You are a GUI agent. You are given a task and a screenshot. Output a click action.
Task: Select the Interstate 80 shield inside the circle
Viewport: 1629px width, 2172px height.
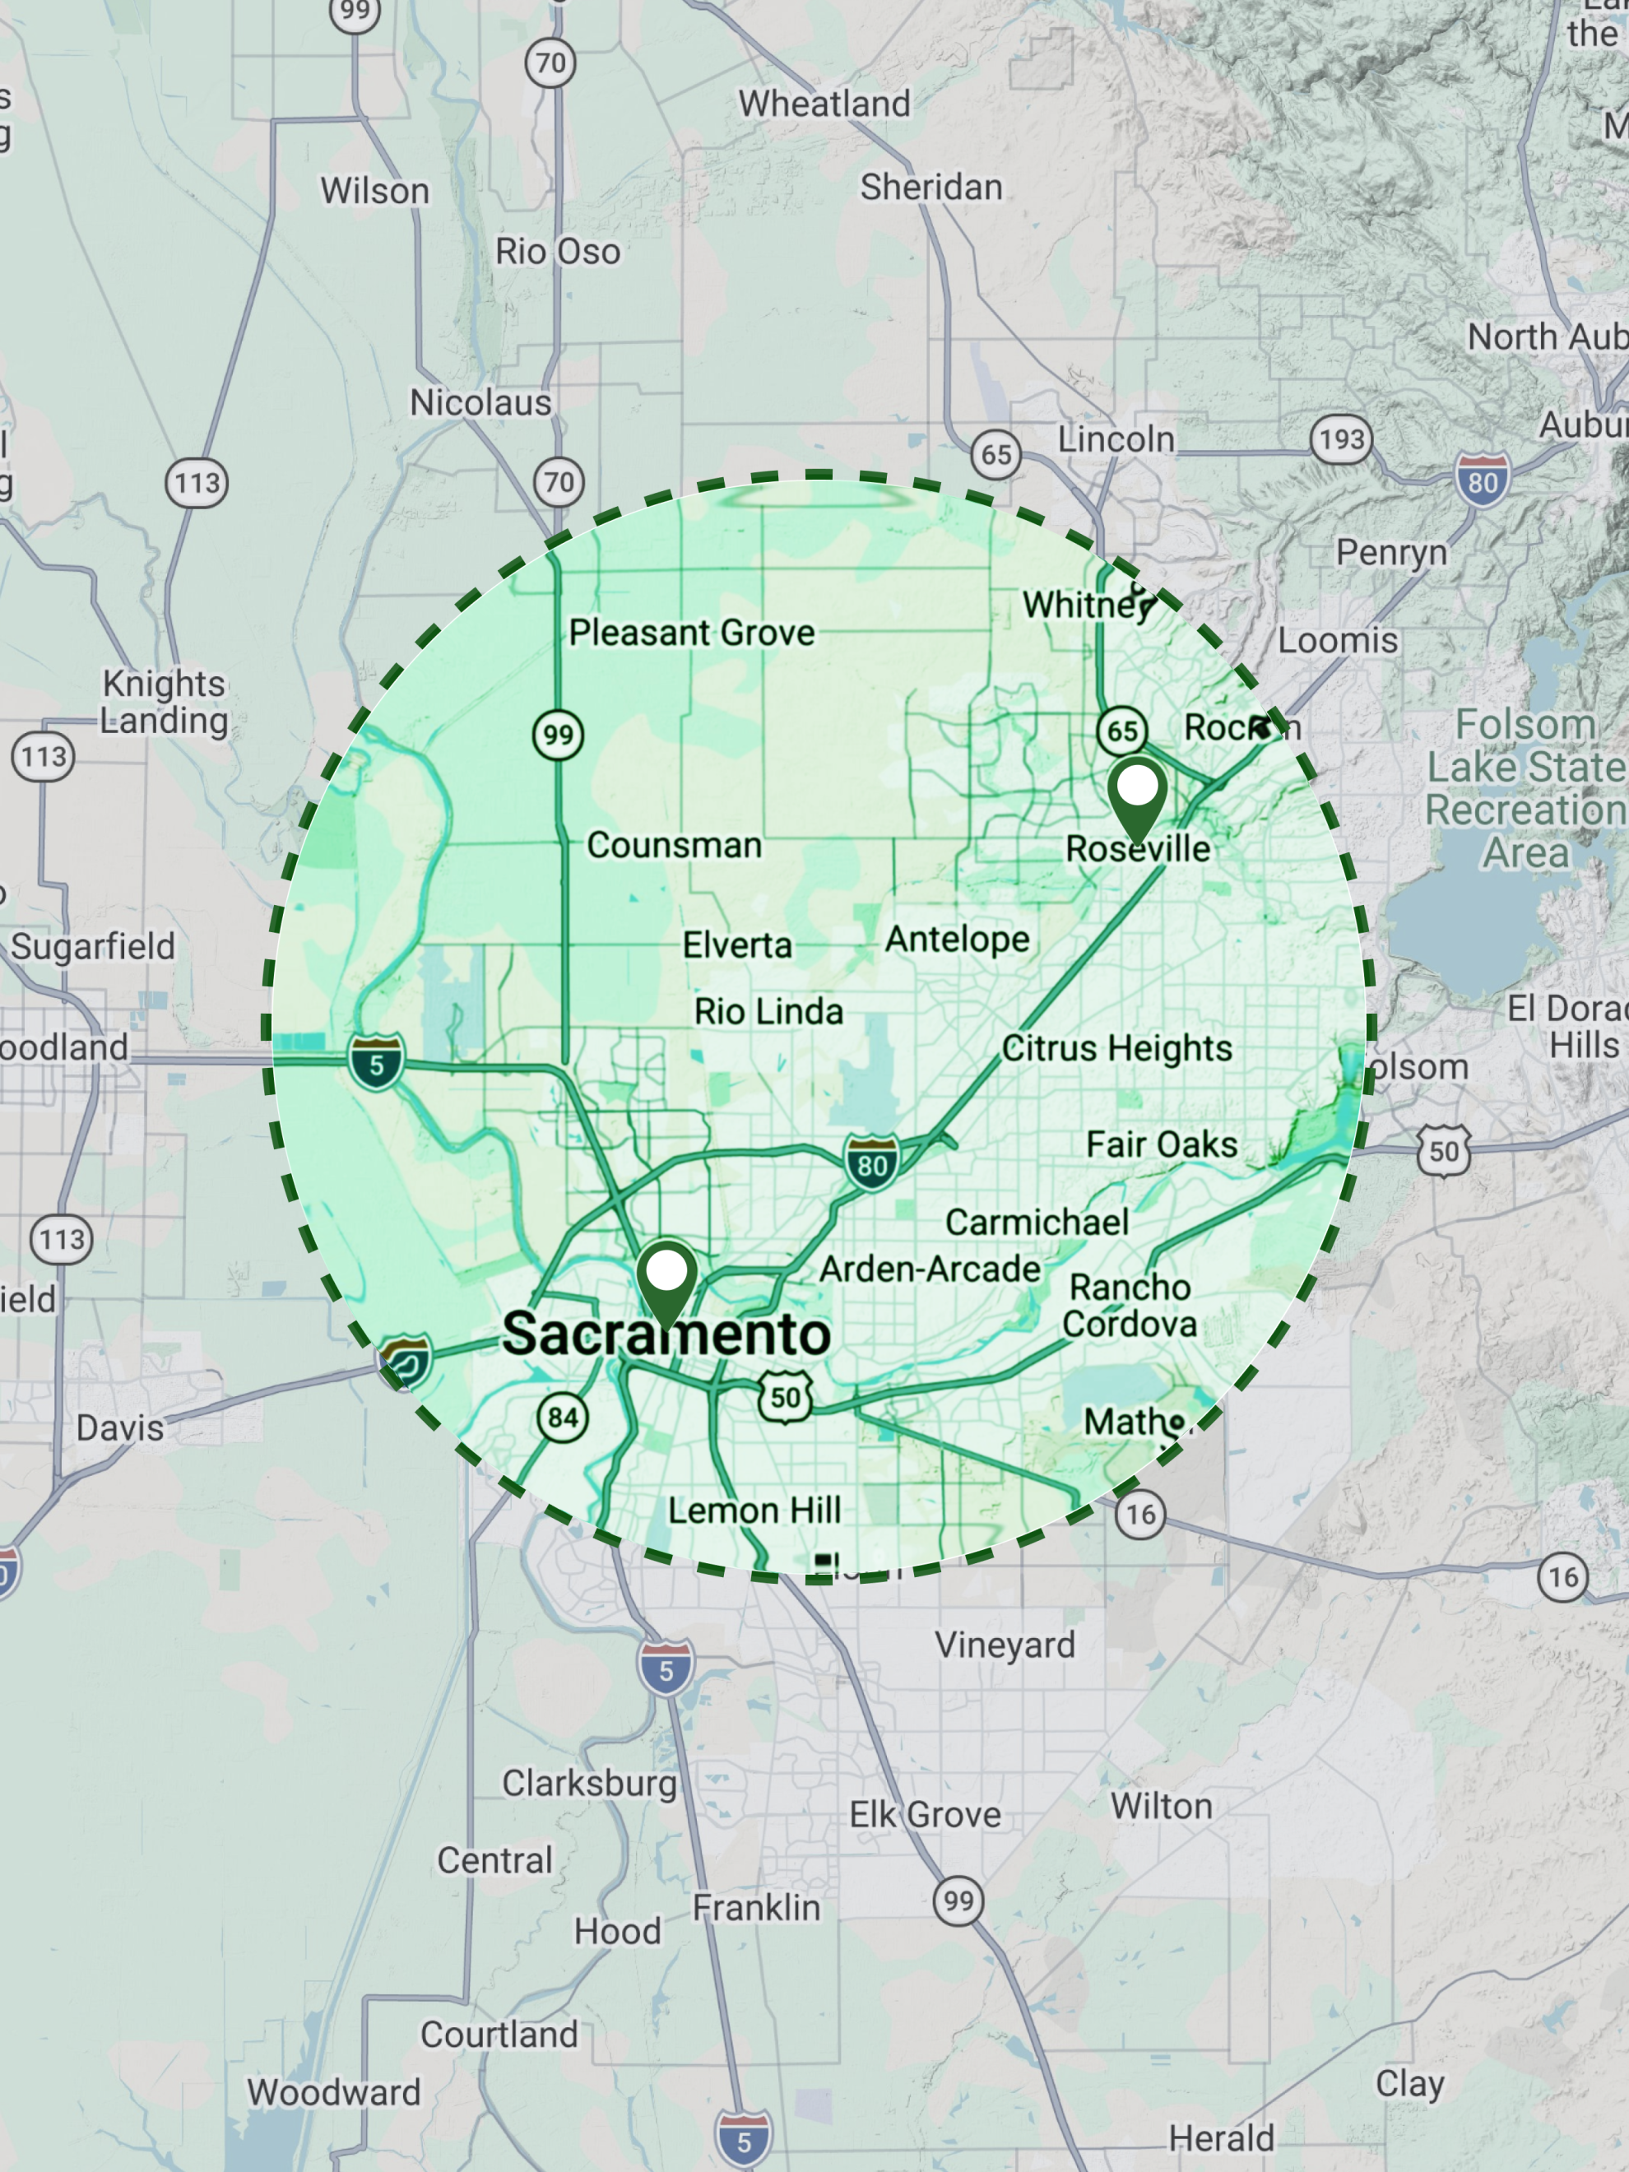click(x=872, y=1163)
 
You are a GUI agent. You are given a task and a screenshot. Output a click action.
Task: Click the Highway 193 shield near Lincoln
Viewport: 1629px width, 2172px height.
click(x=1341, y=440)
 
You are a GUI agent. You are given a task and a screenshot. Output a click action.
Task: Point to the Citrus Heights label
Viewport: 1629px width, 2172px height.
click(x=1116, y=1049)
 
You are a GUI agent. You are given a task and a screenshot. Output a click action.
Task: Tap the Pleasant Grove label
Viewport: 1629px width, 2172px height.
click(x=692, y=633)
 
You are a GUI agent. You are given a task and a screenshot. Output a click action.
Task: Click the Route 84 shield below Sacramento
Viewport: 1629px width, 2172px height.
click(x=563, y=1417)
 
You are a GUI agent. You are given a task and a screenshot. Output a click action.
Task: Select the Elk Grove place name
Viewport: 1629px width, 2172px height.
click(x=925, y=1815)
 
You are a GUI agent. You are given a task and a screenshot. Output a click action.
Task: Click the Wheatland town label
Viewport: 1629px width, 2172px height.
click(x=825, y=103)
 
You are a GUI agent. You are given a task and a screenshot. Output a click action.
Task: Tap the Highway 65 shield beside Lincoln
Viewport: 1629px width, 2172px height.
click(x=995, y=455)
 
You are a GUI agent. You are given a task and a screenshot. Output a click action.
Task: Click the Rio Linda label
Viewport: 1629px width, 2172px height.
click(x=769, y=1011)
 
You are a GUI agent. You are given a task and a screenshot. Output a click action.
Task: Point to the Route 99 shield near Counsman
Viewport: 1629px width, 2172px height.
click(x=558, y=735)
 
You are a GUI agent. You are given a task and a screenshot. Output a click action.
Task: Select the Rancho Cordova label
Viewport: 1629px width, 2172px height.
click(x=1130, y=1305)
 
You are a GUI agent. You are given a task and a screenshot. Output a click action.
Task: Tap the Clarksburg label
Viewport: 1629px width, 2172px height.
click(x=589, y=1782)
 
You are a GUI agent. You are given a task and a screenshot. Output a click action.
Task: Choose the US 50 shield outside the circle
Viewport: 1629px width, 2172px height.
click(x=1443, y=1151)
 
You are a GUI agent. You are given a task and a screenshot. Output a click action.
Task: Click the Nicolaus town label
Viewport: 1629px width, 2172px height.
click(x=480, y=402)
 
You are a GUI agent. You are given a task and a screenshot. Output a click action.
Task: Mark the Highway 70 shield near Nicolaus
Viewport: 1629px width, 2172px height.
click(x=559, y=482)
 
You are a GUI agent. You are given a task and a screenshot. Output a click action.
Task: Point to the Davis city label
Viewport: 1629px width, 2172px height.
click(x=120, y=1427)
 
